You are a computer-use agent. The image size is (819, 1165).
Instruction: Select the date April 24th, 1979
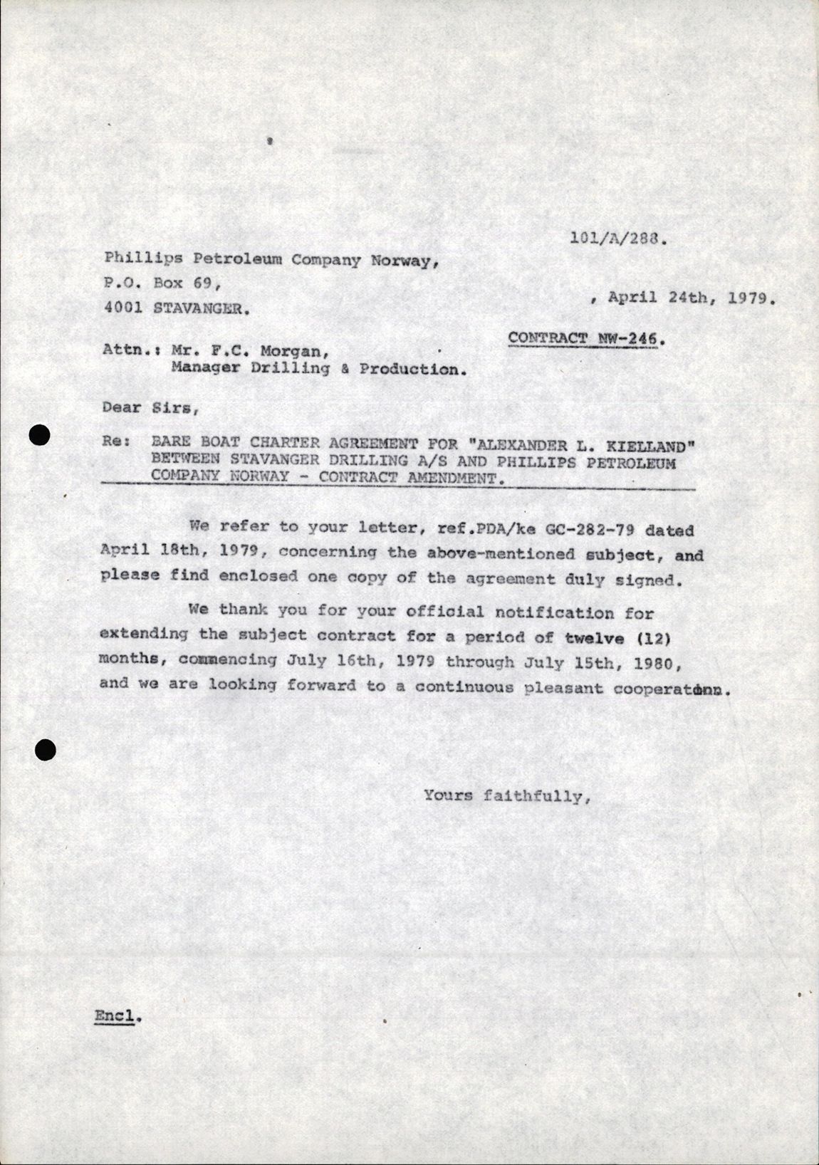tap(690, 298)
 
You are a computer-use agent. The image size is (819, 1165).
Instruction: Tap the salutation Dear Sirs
tap(147, 408)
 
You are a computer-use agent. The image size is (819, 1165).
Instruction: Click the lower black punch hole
tap(45, 748)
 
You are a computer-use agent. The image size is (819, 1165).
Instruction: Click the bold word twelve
tap(593, 637)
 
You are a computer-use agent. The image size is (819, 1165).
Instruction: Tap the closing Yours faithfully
tap(507, 795)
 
